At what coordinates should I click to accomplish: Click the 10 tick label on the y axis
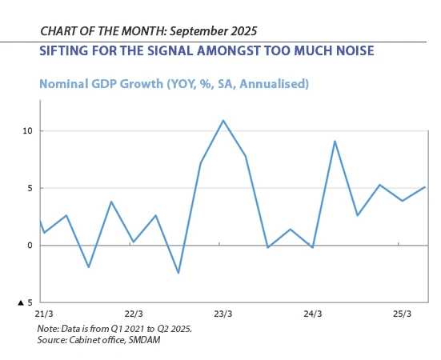pyautogui.click(x=28, y=131)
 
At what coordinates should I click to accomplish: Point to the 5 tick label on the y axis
pyautogui.click(x=30, y=189)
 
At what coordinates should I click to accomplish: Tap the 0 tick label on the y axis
pyautogui.click(x=30, y=246)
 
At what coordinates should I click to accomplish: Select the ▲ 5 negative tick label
pyautogui.click(x=26, y=302)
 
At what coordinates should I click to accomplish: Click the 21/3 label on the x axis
pyautogui.click(x=45, y=314)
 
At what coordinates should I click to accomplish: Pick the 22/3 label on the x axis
pyautogui.click(x=134, y=314)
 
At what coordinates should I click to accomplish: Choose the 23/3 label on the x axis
pyautogui.click(x=223, y=314)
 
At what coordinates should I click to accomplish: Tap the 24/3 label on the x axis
pyautogui.click(x=312, y=314)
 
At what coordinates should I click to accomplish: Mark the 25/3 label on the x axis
pyautogui.click(x=402, y=314)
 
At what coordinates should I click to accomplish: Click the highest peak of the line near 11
pyautogui.click(x=223, y=120)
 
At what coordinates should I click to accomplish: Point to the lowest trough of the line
pyautogui.click(x=178, y=273)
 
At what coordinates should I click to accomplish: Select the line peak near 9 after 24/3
pyautogui.click(x=335, y=141)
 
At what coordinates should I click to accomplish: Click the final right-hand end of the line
pyautogui.click(x=424, y=187)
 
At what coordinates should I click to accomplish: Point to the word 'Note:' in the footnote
pyautogui.click(x=49, y=329)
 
